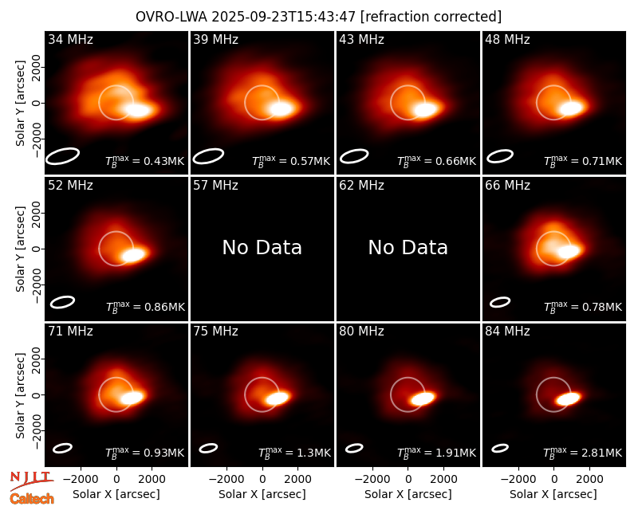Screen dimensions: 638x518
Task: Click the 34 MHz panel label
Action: click(70, 39)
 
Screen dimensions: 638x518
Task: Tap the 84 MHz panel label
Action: click(507, 332)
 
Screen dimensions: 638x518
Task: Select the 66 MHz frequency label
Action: click(507, 186)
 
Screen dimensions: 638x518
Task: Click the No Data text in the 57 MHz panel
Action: click(262, 247)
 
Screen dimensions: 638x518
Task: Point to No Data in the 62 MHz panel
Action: click(408, 247)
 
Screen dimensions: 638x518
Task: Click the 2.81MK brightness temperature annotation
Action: click(583, 452)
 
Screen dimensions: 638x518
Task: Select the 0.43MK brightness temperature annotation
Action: click(145, 161)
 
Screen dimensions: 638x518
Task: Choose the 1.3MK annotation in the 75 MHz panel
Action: click(295, 452)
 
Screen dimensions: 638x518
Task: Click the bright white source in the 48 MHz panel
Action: click(571, 108)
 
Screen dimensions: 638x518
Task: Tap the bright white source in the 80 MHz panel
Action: click(423, 398)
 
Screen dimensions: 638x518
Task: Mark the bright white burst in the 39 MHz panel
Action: click(281, 109)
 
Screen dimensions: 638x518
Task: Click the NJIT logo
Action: click(31, 480)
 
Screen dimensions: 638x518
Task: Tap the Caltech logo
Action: click(32, 499)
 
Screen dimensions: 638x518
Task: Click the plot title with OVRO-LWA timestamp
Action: click(318, 17)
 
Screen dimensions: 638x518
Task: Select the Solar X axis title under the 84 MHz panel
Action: click(553, 494)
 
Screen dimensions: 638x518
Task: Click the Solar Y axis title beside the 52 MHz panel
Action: click(20, 249)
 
